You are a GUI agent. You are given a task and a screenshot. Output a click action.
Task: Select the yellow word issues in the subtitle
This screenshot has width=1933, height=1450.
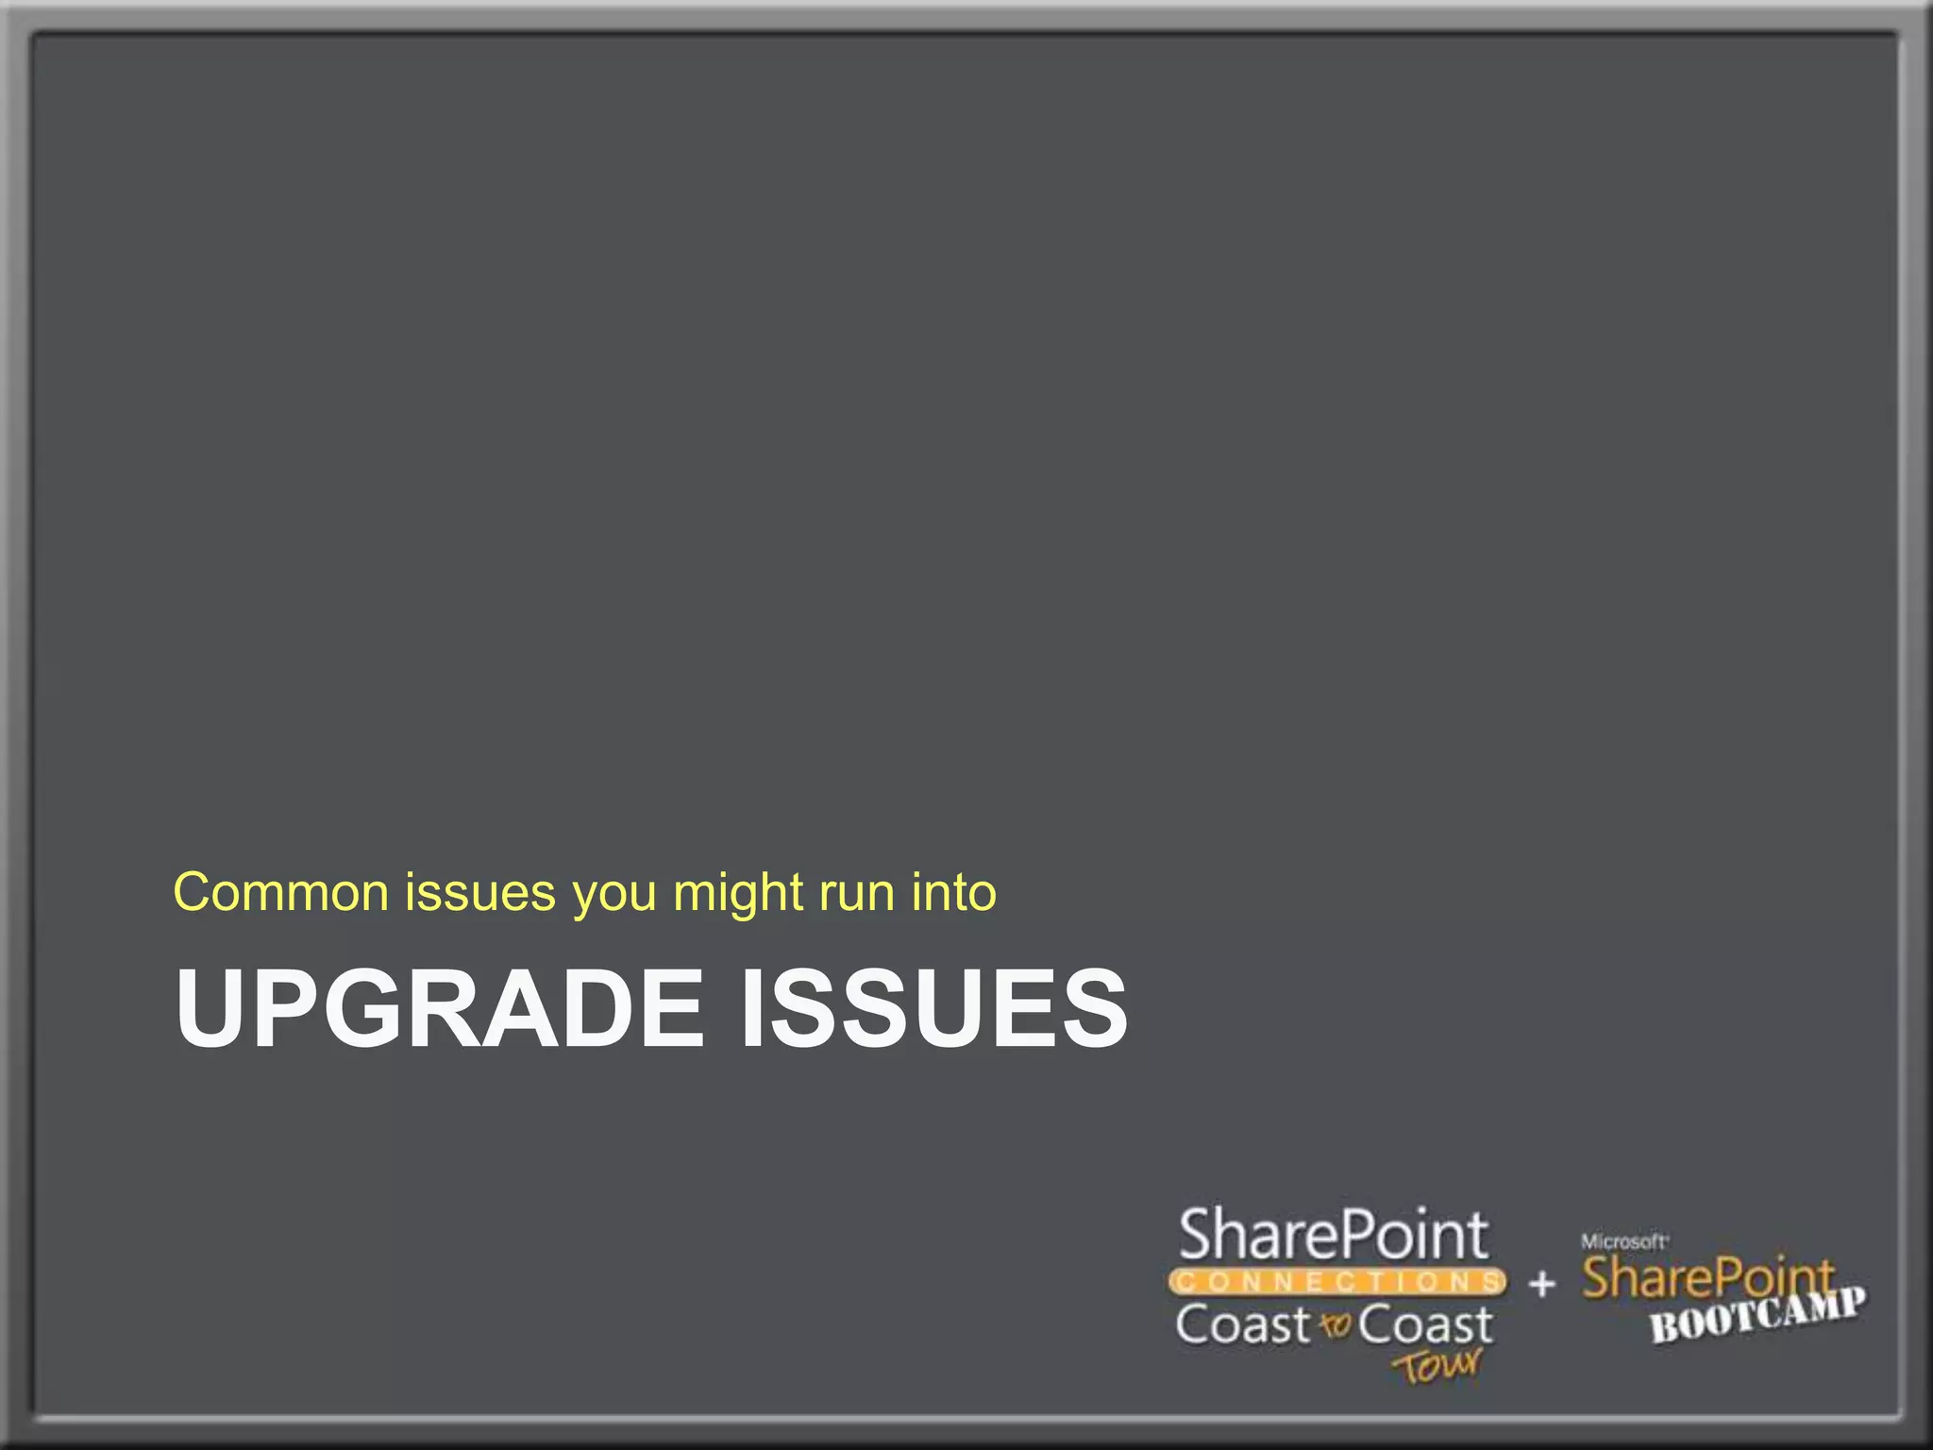tap(480, 892)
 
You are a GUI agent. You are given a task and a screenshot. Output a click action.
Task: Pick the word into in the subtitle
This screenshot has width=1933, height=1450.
tap(953, 892)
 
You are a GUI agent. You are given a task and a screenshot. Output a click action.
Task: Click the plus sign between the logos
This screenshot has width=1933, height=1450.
tap(1542, 1284)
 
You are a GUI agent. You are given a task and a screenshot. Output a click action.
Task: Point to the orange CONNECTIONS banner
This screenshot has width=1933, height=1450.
tap(1336, 1282)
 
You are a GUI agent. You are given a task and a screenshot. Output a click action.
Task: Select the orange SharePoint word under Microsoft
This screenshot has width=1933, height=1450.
tap(1707, 1278)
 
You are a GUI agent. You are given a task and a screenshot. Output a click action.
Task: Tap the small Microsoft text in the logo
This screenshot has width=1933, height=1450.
tap(1623, 1241)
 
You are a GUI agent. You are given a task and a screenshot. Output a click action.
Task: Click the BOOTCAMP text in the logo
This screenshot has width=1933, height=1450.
tap(1757, 1315)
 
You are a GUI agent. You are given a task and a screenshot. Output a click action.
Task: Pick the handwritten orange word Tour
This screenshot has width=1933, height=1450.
tap(1437, 1366)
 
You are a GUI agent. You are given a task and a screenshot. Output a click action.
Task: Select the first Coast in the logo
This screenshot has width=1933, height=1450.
tap(1243, 1324)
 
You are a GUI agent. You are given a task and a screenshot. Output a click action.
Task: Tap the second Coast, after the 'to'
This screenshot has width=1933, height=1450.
tap(1425, 1324)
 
